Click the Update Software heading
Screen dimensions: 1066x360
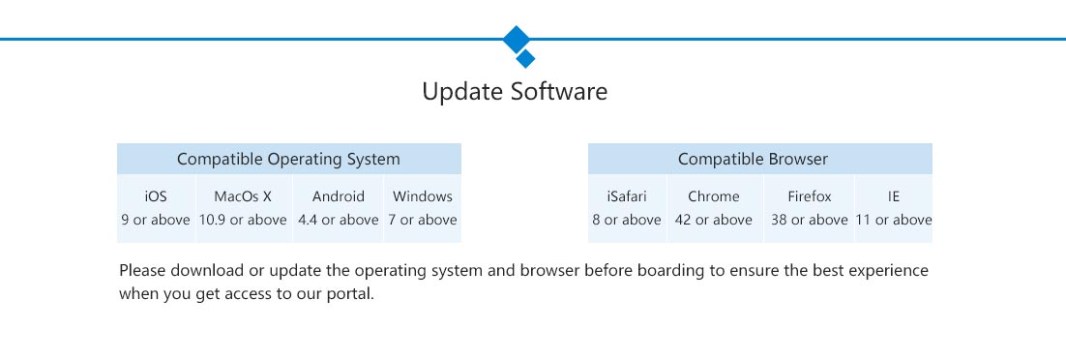pyautogui.click(x=515, y=91)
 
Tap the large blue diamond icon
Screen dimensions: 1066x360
pyautogui.click(x=517, y=40)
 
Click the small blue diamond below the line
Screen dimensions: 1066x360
pyautogui.click(x=525, y=58)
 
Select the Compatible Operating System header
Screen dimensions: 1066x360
pyautogui.click(x=288, y=160)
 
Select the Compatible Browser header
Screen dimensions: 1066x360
pyautogui.click(x=753, y=160)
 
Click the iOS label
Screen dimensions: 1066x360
pyautogui.click(x=156, y=196)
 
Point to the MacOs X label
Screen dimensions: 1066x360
pyautogui.click(x=243, y=196)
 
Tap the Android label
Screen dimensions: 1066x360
pyautogui.click(x=339, y=196)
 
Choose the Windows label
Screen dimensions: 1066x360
pyautogui.click(x=422, y=196)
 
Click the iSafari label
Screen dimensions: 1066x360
pyautogui.click(x=627, y=196)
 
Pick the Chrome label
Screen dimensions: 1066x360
pyautogui.click(x=714, y=196)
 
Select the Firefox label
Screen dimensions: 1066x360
pyautogui.click(x=810, y=196)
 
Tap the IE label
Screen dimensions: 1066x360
pyautogui.click(x=893, y=196)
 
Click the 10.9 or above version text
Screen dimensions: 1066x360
pyautogui.click(x=243, y=220)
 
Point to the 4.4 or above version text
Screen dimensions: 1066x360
pyautogui.click(x=338, y=220)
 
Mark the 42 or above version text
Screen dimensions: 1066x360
pyautogui.click(x=714, y=220)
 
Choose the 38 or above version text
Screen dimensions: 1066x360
pyautogui.click(x=810, y=220)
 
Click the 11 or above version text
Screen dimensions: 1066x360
pyautogui.click(x=893, y=220)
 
